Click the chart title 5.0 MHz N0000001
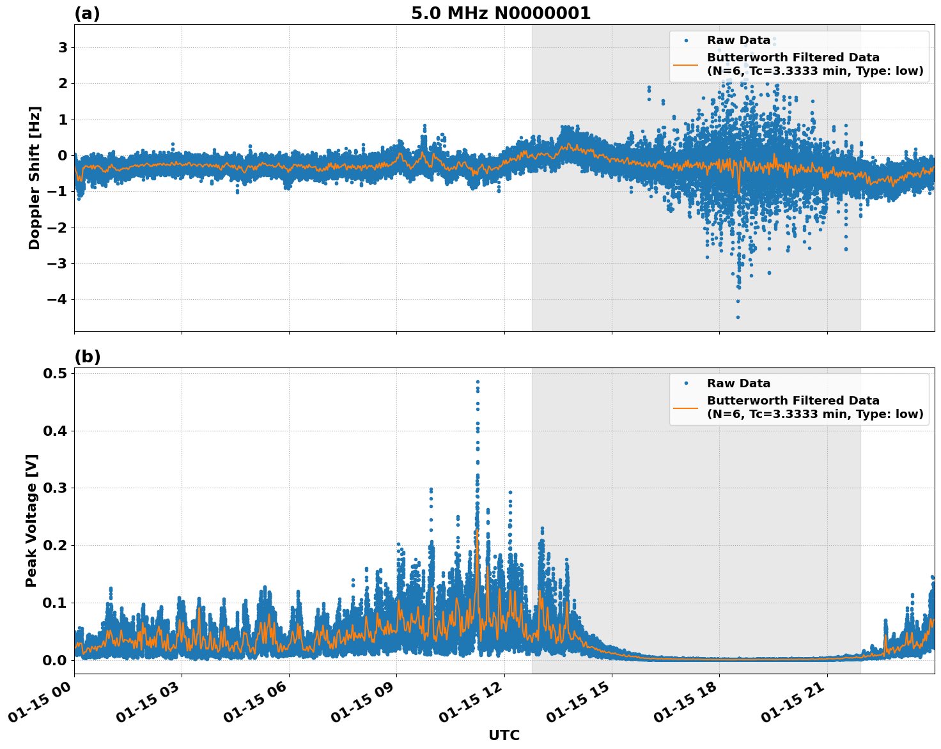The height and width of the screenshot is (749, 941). pos(501,13)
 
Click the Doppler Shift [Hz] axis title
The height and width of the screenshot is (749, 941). pos(35,178)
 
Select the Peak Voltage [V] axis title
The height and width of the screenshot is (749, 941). pos(31,520)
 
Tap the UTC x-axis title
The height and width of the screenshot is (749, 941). pos(504,735)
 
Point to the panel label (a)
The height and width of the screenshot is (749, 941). pos(87,13)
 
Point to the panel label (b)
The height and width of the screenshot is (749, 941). pos(87,357)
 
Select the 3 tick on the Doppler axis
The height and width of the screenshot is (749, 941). pos(63,48)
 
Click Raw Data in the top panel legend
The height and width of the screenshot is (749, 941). pos(738,40)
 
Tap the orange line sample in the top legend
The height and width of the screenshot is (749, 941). pos(685,64)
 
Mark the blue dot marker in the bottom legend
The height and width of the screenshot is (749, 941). pos(685,383)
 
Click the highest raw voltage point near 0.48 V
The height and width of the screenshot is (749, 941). pos(478,382)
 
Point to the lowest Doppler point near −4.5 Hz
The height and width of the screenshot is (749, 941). pos(737,317)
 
